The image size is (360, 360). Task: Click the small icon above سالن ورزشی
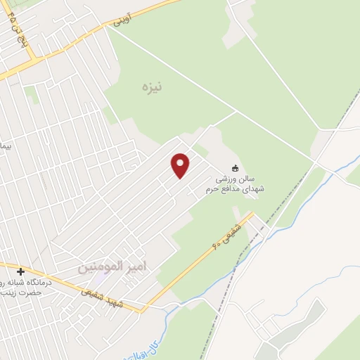click(x=236, y=169)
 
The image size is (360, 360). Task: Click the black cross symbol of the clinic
click(x=20, y=271)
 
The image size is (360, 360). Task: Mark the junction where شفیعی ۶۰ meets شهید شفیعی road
click(x=144, y=307)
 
